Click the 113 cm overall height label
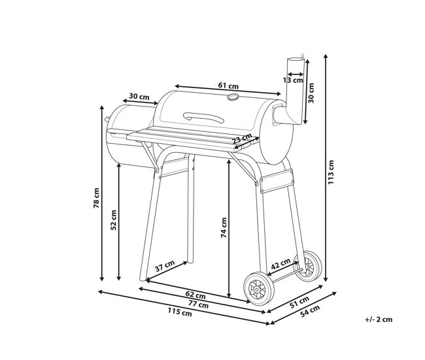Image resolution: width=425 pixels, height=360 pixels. click(331, 172)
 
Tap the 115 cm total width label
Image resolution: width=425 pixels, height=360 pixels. click(180, 312)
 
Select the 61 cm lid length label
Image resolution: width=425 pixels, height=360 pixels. click(228, 86)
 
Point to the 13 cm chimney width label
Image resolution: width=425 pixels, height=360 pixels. click(293, 80)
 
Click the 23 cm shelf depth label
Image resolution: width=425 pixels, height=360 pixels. click(242, 139)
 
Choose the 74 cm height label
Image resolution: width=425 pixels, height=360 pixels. click(224, 227)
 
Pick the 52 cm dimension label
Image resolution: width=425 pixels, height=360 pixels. click(114, 220)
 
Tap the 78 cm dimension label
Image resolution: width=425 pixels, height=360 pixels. click(97, 198)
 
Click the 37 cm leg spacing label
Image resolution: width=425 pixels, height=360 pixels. click(165, 266)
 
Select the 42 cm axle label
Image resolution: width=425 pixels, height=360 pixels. click(280, 263)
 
